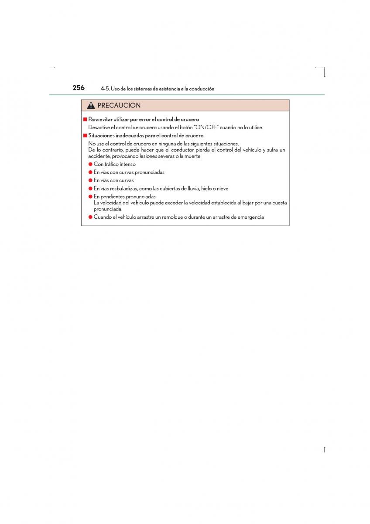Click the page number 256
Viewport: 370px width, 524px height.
(79, 88)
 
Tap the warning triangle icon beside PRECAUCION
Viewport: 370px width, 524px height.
(91, 106)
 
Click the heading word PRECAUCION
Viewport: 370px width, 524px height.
(119, 106)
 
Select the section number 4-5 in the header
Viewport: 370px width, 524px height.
(104, 89)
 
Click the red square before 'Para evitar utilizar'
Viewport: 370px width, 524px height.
(85, 119)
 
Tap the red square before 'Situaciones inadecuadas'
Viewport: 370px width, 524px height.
(85, 135)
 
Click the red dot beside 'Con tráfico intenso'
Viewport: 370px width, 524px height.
(90, 164)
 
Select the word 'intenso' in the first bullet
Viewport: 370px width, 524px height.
(127, 164)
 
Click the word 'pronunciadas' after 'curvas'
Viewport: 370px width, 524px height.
(150, 172)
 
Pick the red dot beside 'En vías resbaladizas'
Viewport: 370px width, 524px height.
(90, 189)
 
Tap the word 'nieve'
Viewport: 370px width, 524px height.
(222, 189)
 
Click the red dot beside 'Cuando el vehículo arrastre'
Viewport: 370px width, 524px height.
(90, 217)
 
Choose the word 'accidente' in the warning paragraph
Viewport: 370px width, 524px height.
(99, 156)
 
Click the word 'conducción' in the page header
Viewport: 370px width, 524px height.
(202, 89)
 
